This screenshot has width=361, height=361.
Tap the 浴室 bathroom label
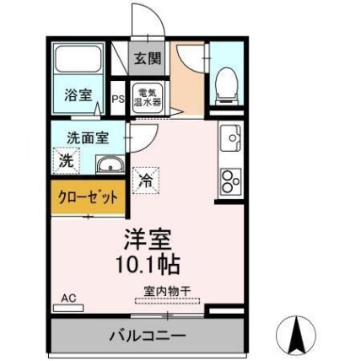pyautogui.click(x=78, y=95)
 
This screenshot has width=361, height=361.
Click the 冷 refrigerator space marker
pyautogui.click(x=146, y=178)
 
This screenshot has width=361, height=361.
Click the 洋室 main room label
pyautogui.click(x=143, y=240)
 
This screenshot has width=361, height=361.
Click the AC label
pyautogui.click(x=69, y=298)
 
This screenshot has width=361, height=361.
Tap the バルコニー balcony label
pyautogui.click(x=147, y=336)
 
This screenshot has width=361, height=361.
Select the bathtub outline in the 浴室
pyautogui.click(x=78, y=60)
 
